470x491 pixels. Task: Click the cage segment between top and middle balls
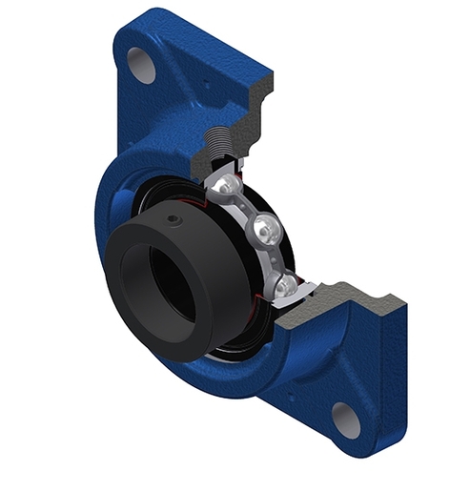click(246, 205)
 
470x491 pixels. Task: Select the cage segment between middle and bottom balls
click(276, 257)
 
